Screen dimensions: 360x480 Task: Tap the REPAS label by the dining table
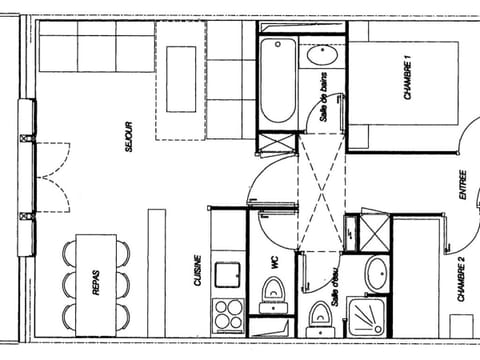click(x=96, y=286)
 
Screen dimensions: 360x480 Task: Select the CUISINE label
click(x=199, y=271)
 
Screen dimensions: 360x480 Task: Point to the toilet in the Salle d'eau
click(x=319, y=318)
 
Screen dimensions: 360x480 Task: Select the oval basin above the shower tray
click(x=376, y=273)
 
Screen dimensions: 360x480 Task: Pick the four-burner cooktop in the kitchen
click(x=228, y=314)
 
